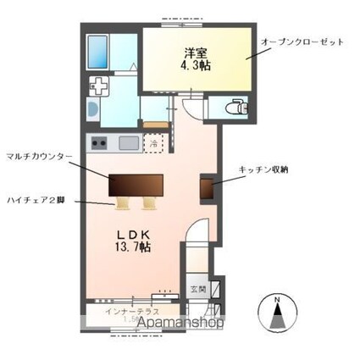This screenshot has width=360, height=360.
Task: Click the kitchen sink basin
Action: [130, 141]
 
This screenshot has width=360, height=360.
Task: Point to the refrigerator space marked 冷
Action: [154, 142]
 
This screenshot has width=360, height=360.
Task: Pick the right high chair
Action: [150, 202]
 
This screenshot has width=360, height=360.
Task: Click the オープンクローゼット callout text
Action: [303, 42]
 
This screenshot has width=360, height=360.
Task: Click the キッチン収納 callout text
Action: [263, 169]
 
